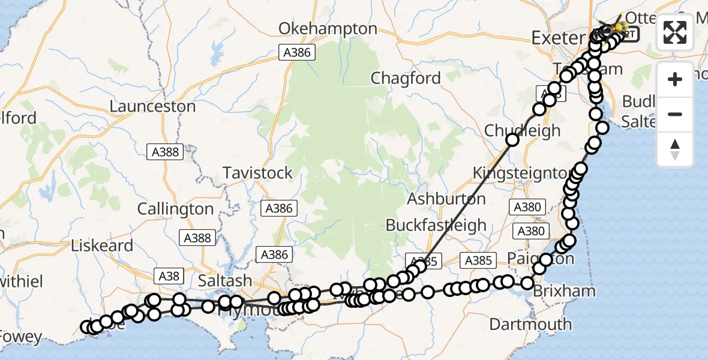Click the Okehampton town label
[x=328, y=29]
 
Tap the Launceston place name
[x=153, y=107]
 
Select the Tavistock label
[x=257, y=173]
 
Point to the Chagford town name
[x=406, y=78]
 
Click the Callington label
[x=175, y=209]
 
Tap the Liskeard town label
[x=102, y=245]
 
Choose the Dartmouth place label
[x=530, y=325]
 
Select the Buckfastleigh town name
[x=436, y=226]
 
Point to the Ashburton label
[x=445, y=198]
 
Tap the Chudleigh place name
[x=522, y=130]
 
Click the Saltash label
[x=226, y=281]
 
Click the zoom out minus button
[x=675, y=114]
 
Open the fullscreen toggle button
[x=675, y=32]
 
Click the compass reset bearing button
[x=675, y=149]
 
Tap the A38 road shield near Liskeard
[x=169, y=275]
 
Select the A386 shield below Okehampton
[x=298, y=53]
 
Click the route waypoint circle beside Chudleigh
[x=513, y=140]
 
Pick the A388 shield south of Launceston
[x=165, y=152]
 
